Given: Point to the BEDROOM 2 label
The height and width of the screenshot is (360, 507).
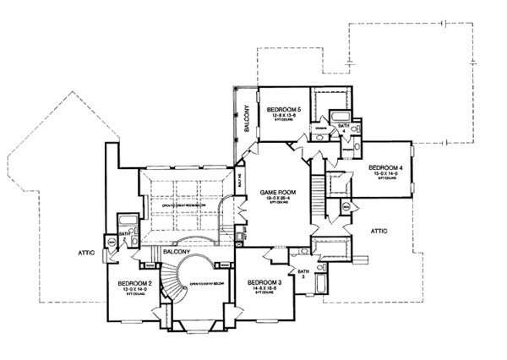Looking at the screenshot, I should [x=134, y=282].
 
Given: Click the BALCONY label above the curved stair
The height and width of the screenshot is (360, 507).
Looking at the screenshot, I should [x=176, y=250].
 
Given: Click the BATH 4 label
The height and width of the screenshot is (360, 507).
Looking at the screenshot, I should [x=342, y=128].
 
